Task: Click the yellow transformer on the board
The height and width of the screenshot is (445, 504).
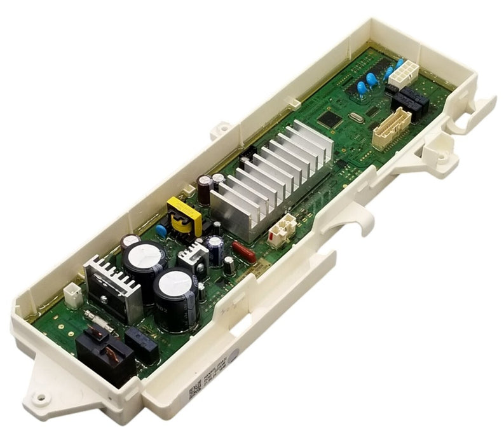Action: (x=184, y=215)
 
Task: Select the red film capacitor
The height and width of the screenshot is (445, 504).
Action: (x=244, y=252)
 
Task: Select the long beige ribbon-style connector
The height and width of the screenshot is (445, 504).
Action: (x=391, y=128)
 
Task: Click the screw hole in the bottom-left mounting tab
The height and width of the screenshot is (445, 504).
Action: (x=41, y=398)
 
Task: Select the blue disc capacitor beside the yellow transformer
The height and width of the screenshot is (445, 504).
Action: (x=161, y=231)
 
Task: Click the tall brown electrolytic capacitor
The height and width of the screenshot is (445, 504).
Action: (x=204, y=189)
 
